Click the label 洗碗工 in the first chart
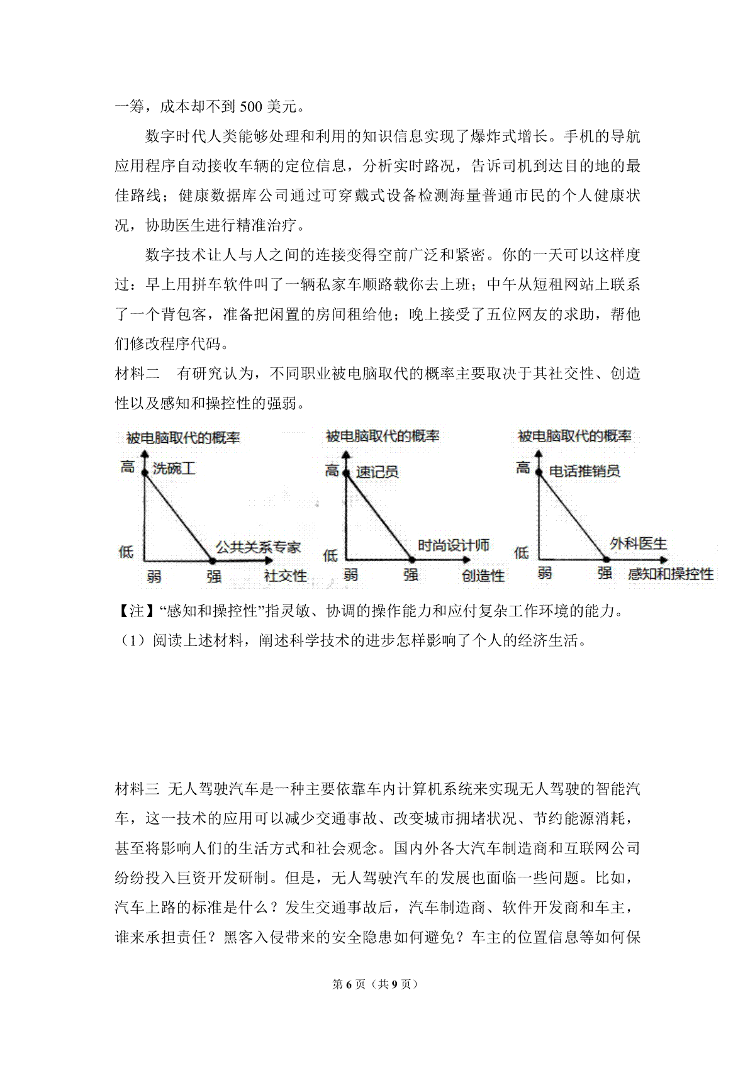pyautogui.click(x=174, y=469)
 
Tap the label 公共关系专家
pyautogui.click(x=259, y=547)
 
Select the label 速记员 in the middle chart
pyautogui.click(x=377, y=472)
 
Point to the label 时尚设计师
pyautogui.click(x=453, y=545)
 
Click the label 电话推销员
pyautogui.click(x=584, y=470)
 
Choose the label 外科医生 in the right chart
pyautogui.click(x=638, y=543)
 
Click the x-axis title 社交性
pyautogui.click(x=286, y=576)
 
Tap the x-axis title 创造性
pyautogui.click(x=483, y=576)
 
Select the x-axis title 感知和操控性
pyautogui.click(x=671, y=574)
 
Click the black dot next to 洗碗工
pyautogui.click(x=145, y=472)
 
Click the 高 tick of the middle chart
pyautogui.click(x=332, y=470)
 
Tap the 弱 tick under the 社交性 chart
pyautogui.click(x=154, y=576)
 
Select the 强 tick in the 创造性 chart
pyautogui.click(x=411, y=574)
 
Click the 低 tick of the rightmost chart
pyautogui.click(x=522, y=553)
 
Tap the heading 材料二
pyautogui.click(x=138, y=374)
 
